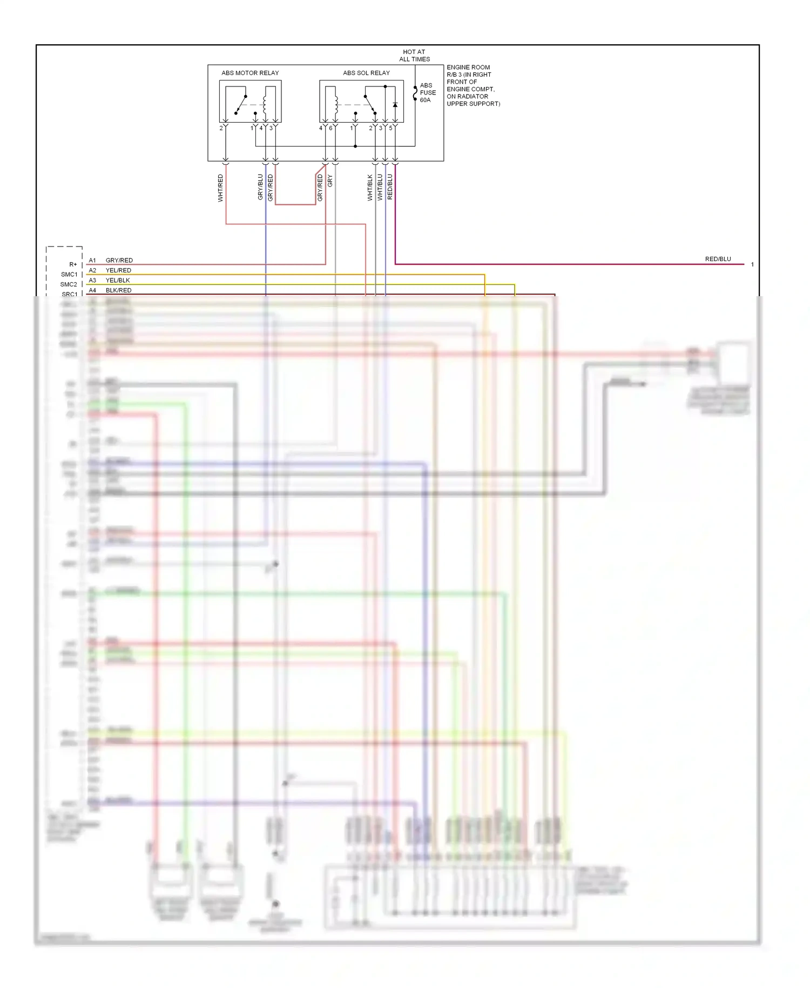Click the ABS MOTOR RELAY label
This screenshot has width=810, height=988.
(250, 73)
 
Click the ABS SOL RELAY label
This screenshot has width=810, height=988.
(366, 73)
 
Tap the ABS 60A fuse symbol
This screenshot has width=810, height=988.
(415, 93)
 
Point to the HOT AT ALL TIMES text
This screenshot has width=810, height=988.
(414, 56)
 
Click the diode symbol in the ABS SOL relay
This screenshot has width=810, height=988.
(395, 105)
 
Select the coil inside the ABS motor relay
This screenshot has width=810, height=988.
(265, 105)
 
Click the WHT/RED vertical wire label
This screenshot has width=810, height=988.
(220, 188)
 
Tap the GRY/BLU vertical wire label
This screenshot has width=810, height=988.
(260, 187)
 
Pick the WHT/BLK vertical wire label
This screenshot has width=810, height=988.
(370, 188)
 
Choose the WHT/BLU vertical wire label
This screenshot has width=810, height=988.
(380, 188)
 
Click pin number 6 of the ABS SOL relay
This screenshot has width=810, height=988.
(330, 129)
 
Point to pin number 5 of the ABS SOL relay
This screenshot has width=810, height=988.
(391, 129)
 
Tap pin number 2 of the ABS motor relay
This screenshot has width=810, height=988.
(221, 129)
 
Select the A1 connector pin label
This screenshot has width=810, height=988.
(92, 261)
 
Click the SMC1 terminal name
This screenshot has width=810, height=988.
(69, 275)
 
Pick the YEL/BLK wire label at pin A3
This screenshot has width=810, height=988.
(118, 281)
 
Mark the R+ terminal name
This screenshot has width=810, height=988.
(73, 265)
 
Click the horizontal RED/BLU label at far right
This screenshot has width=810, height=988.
(718, 259)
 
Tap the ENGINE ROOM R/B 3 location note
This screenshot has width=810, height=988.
(473, 85)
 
